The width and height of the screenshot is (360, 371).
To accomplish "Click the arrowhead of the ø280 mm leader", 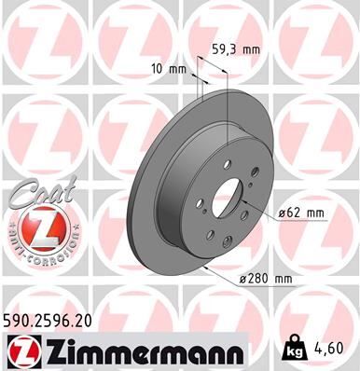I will (x=205, y=268).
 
